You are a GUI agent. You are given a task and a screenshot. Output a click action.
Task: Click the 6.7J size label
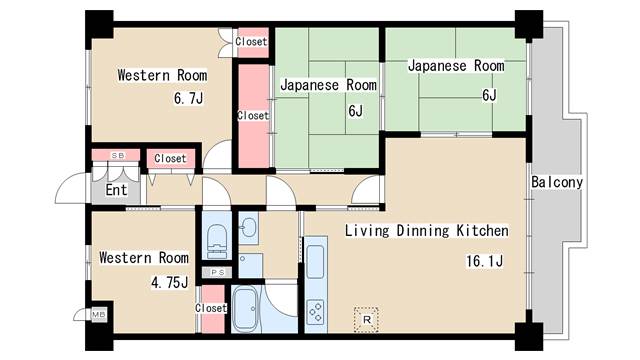pos(188,98)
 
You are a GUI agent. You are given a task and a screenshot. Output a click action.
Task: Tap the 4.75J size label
pos(170,282)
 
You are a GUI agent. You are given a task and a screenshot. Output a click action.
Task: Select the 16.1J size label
pos(484,261)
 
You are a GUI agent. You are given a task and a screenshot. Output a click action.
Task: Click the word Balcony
pos(557,182)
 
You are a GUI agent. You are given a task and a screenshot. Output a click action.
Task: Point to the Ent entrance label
pos(116,190)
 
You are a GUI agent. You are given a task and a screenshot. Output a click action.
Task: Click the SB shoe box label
pos(118,156)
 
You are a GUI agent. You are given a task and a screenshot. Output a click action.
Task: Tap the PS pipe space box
pos(217,272)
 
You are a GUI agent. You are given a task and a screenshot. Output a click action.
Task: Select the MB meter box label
pos(98,315)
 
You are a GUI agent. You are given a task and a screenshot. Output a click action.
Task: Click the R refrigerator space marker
pos(366,320)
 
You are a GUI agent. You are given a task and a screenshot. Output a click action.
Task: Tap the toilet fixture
pos(217,241)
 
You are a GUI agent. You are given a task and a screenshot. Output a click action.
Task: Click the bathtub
pos(245,309)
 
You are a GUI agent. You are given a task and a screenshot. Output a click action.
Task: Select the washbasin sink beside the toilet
pos(248,227)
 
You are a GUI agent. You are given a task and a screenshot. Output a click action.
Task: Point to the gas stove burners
pos(316,312)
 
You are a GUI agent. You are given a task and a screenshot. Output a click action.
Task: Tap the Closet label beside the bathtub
pos(211,308)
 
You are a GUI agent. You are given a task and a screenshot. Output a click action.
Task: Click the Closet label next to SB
pos(170,158)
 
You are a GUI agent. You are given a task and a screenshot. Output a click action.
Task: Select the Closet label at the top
pos(251,42)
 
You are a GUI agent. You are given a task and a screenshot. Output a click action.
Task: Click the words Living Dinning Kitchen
pos(427,231)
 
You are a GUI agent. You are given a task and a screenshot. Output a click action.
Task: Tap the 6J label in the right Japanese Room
pos(489,95)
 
